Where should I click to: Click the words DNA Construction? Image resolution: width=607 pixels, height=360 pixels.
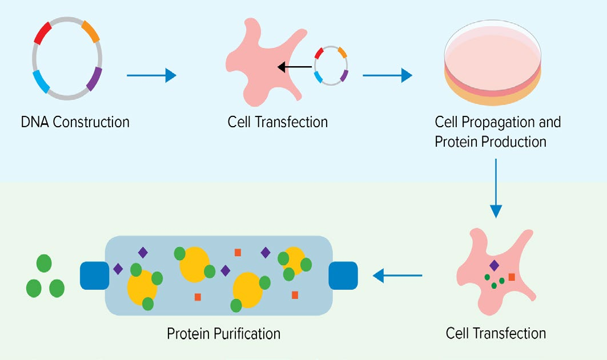(x=75, y=122)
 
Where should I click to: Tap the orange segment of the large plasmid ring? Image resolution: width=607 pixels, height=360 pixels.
(x=91, y=32)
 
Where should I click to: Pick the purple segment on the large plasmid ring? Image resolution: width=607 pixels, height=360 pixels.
(x=94, y=79)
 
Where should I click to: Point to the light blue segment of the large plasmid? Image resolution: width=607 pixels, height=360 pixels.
(x=41, y=82)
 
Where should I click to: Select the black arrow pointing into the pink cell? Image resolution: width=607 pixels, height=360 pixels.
(x=295, y=68)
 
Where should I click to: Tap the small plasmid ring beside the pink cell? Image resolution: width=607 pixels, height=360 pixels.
(x=331, y=66)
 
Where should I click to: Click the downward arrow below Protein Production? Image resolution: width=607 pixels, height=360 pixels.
(x=496, y=188)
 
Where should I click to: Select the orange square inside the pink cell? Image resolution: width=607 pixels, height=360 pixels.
(x=512, y=277)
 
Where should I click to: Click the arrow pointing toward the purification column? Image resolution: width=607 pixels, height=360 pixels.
(x=397, y=276)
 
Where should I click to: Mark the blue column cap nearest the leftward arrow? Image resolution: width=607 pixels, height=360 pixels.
(x=343, y=276)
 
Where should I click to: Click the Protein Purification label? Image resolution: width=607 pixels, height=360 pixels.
(x=224, y=333)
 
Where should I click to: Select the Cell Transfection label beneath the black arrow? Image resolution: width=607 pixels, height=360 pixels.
(x=278, y=122)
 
